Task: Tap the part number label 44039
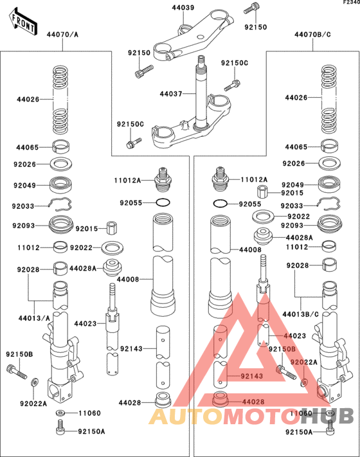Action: point(183,8)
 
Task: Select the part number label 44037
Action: point(171,94)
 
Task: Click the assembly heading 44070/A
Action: point(63,33)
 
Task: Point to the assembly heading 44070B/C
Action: point(312,33)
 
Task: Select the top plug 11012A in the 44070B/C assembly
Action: point(222,180)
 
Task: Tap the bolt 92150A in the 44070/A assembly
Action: point(60,427)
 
